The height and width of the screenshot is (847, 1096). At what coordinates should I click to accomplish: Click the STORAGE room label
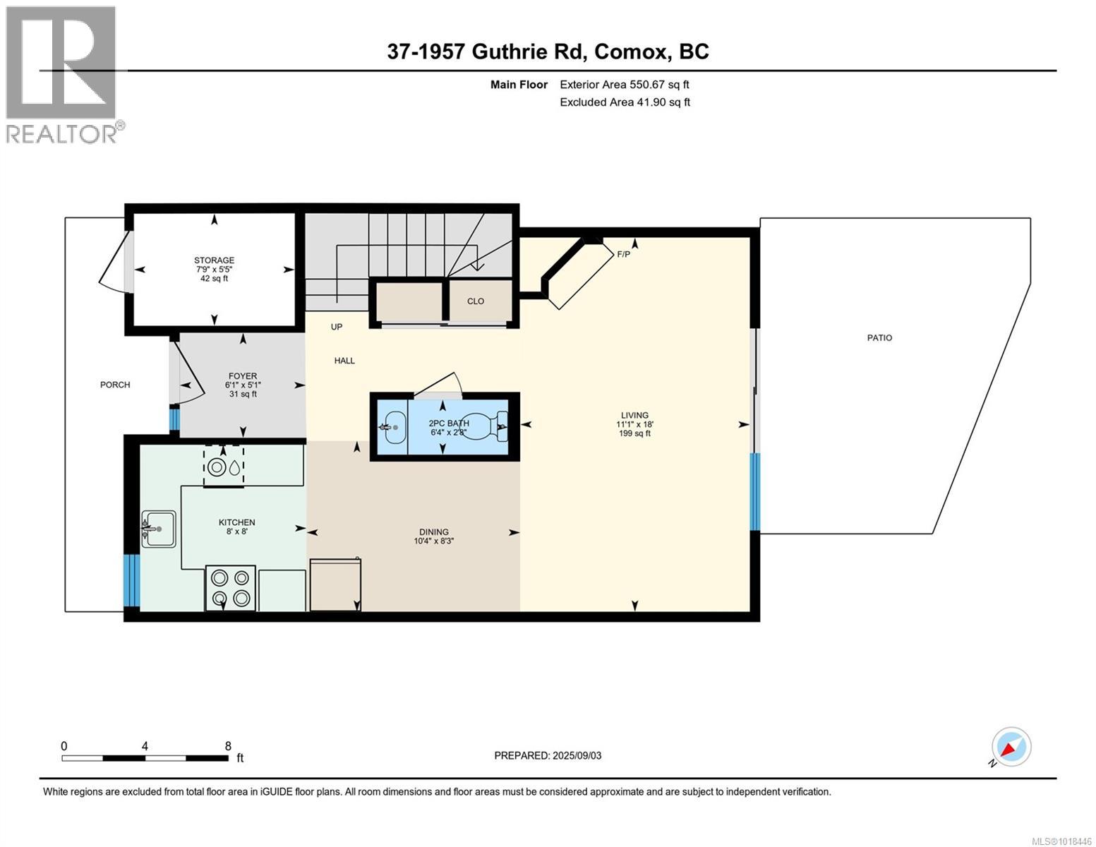click(x=214, y=260)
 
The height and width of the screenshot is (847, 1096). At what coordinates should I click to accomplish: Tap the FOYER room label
click(x=242, y=376)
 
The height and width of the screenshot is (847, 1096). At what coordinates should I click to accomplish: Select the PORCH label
click(x=115, y=385)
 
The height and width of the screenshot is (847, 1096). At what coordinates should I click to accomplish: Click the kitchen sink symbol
click(x=159, y=529)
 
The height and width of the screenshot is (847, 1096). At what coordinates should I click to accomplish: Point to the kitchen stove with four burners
click(x=231, y=588)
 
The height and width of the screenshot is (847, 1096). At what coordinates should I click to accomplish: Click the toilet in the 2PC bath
click(x=488, y=426)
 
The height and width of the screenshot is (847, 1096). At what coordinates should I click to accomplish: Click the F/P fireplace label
click(x=623, y=254)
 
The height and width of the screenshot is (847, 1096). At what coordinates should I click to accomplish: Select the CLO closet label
click(x=476, y=301)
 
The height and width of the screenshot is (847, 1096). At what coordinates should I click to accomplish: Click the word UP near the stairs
click(x=337, y=328)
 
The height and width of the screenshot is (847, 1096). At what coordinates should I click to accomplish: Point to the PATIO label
click(x=879, y=338)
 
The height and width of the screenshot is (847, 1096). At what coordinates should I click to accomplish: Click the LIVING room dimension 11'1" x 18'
click(x=634, y=424)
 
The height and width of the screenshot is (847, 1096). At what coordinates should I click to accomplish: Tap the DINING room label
click(x=433, y=532)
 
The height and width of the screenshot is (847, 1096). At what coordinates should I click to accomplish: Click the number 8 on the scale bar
click(x=228, y=746)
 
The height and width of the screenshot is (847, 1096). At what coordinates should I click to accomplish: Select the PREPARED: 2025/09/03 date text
click(x=548, y=756)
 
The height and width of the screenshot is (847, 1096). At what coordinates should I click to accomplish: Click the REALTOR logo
click(x=63, y=74)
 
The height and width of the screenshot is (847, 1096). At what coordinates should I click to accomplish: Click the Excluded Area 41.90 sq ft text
click(x=625, y=102)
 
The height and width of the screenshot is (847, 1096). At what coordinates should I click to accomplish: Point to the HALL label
click(x=344, y=361)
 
